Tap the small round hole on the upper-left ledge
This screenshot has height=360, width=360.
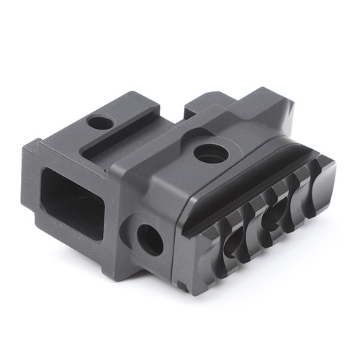point(100,122)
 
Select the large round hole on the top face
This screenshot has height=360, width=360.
point(210,153)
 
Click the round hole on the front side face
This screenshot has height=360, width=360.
point(150,239)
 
